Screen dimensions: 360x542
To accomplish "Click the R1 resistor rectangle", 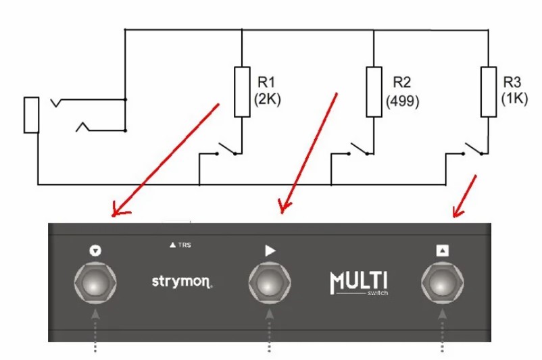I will pos(242,91).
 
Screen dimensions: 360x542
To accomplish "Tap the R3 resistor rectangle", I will pos(486,91).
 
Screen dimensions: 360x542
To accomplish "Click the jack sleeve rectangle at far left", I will pos(31,114).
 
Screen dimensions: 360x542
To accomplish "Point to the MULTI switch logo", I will pos(359,282).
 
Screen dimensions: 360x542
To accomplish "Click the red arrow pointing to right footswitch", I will pos(465,197).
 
